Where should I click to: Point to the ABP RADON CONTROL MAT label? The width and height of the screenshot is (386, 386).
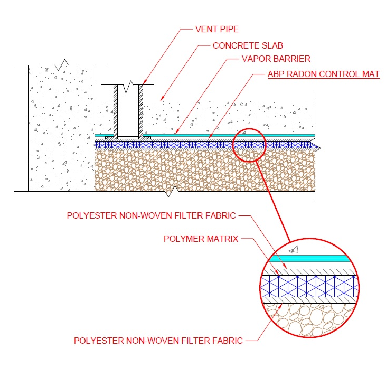click(x=323, y=74)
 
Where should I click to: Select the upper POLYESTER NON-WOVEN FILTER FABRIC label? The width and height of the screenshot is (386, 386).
click(x=151, y=215)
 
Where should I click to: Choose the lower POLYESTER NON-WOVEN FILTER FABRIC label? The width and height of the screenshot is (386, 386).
click(x=158, y=341)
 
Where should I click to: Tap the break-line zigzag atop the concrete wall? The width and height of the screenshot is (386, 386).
click(x=63, y=64)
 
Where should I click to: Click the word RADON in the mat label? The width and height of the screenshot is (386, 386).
click(x=300, y=74)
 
